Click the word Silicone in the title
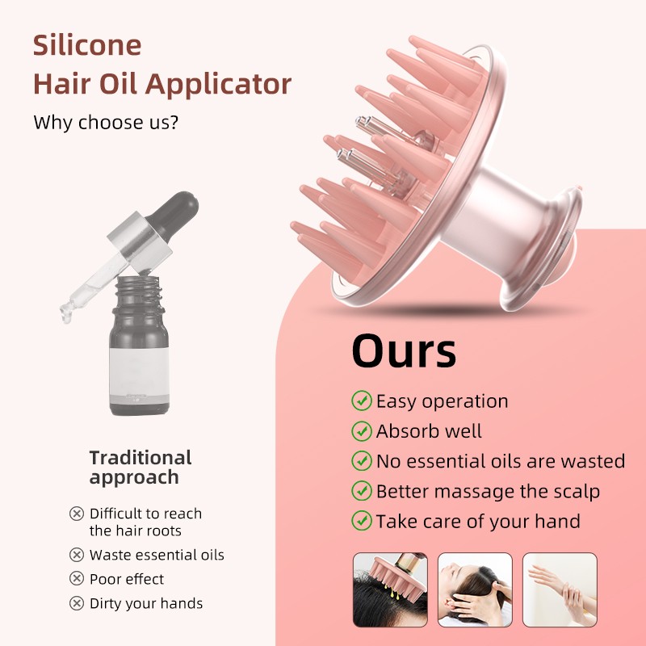87,45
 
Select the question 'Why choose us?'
106,124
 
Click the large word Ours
404,352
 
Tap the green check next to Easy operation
361,401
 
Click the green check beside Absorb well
361,430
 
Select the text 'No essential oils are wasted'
501,461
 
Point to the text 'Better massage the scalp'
488,491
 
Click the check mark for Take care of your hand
361,521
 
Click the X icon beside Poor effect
77,579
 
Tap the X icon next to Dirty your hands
77,603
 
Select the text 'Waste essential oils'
157,555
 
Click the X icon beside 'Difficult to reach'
77,514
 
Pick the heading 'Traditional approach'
140,468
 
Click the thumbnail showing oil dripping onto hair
390,589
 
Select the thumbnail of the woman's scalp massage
475,589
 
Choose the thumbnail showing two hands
560,589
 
